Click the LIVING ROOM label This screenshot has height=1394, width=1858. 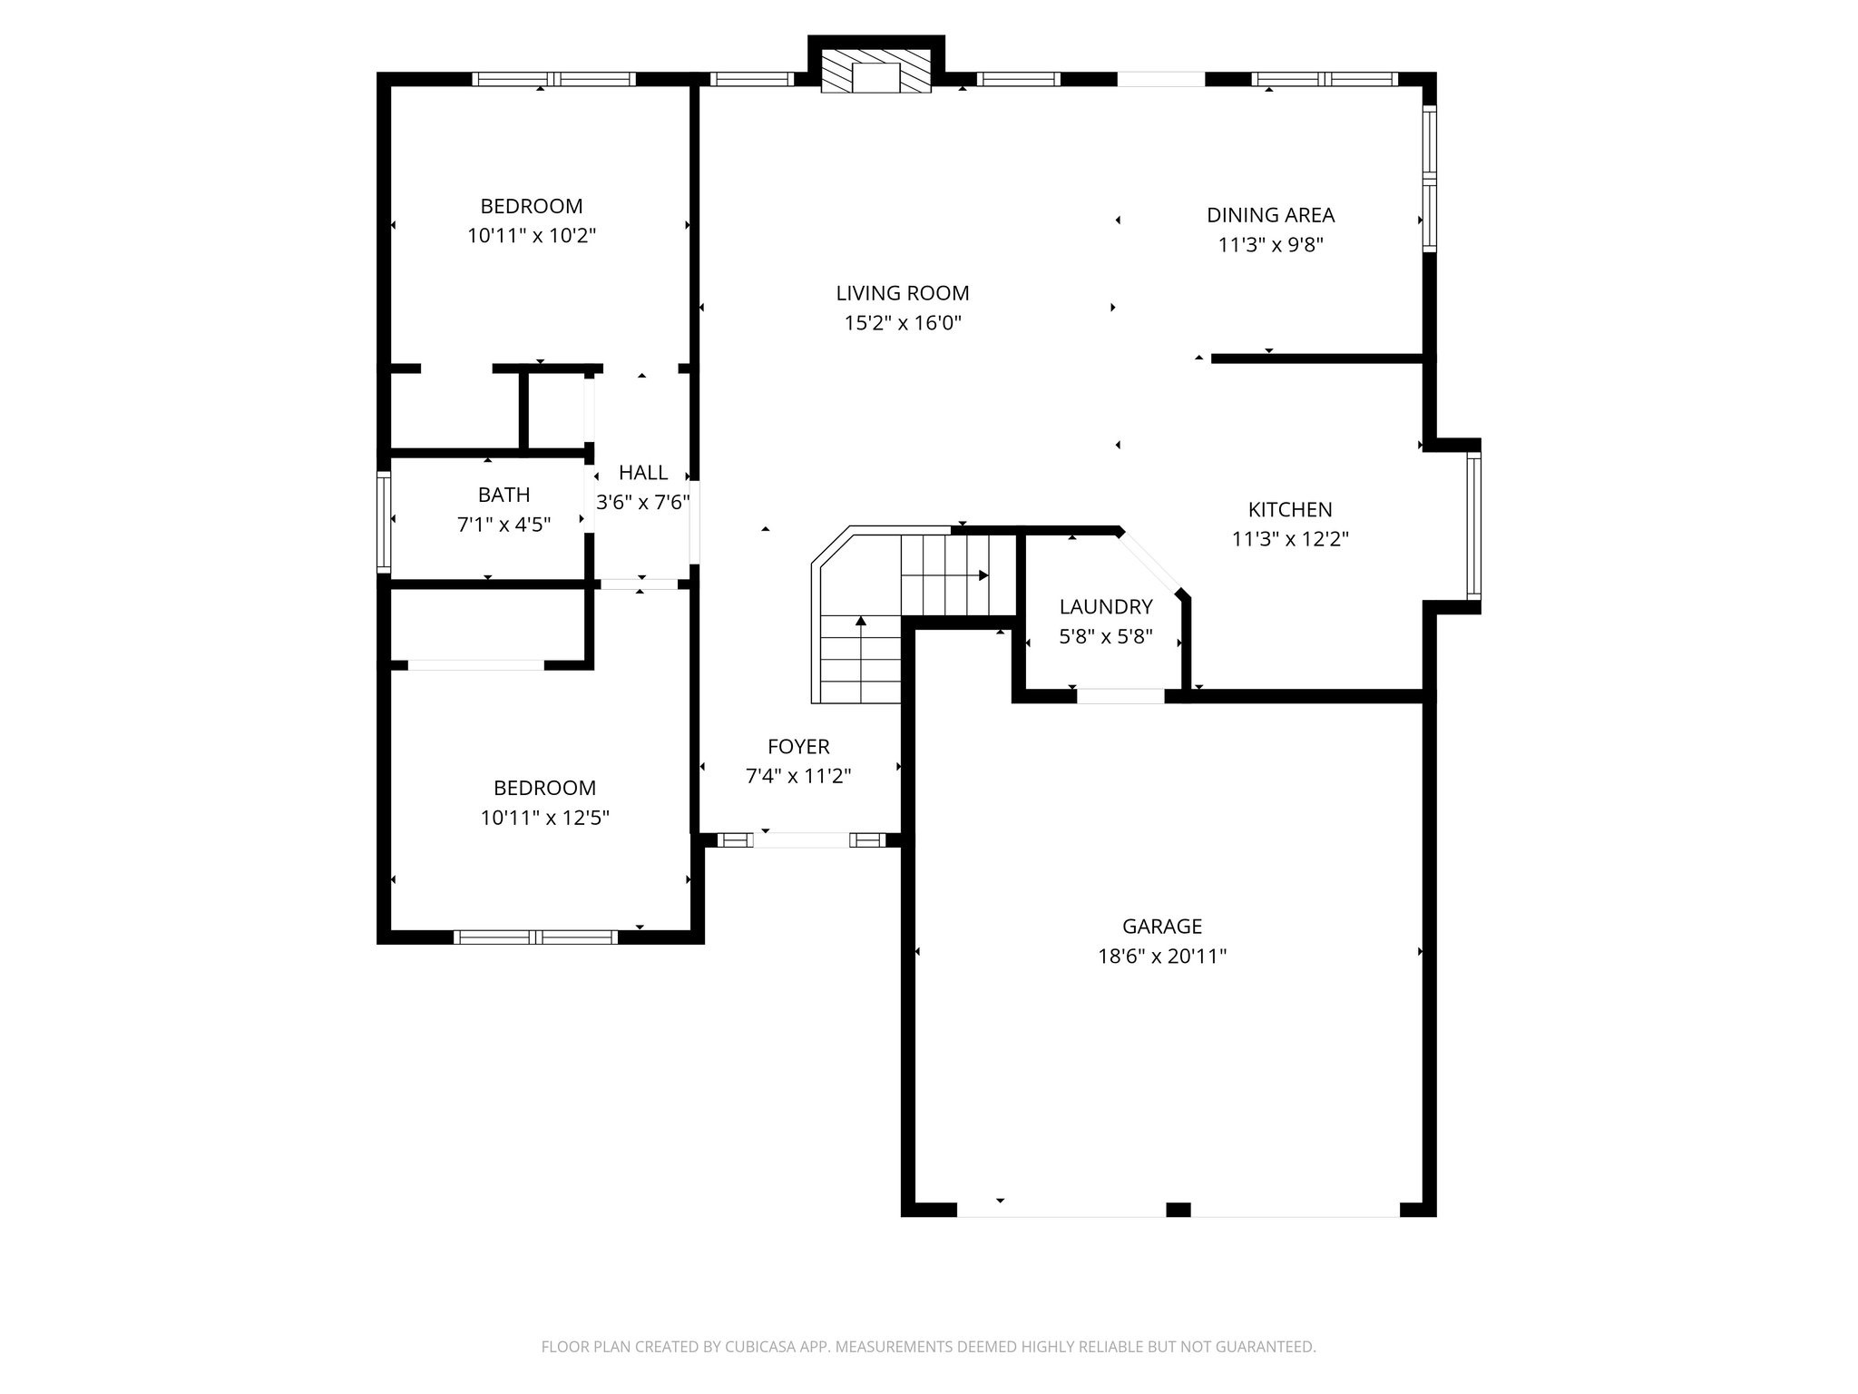tap(902, 293)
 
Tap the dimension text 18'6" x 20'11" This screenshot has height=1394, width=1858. tap(1161, 956)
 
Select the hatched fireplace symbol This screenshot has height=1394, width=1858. tap(875, 71)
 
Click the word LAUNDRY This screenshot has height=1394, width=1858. tap(1105, 606)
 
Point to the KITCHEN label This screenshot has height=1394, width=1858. tap(1289, 509)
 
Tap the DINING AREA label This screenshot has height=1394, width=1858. tap(1270, 215)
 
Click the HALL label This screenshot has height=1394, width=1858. tap(642, 472)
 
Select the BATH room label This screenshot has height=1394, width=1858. tap(504, 495)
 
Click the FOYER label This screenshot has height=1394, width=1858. tap(798, 746)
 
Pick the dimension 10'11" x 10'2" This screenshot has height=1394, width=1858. tap(531, 236)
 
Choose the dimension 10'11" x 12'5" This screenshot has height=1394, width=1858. tap(544, 818)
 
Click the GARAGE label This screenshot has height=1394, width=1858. tap(1161, 926)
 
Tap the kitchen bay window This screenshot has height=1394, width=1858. tap(1473, 526)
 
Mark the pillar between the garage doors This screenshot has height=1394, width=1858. tap(1178, 1209)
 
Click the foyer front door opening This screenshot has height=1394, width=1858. tap(801, 839)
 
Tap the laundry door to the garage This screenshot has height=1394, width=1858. tap(1120, 696)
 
